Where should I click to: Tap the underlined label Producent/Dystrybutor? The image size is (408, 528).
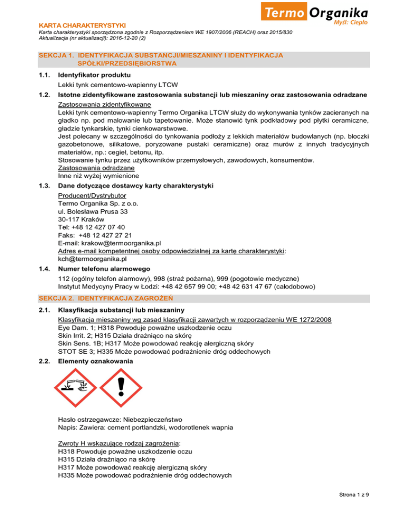click(x=92, y=195)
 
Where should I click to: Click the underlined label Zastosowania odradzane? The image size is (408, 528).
click(x=94, y=168)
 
